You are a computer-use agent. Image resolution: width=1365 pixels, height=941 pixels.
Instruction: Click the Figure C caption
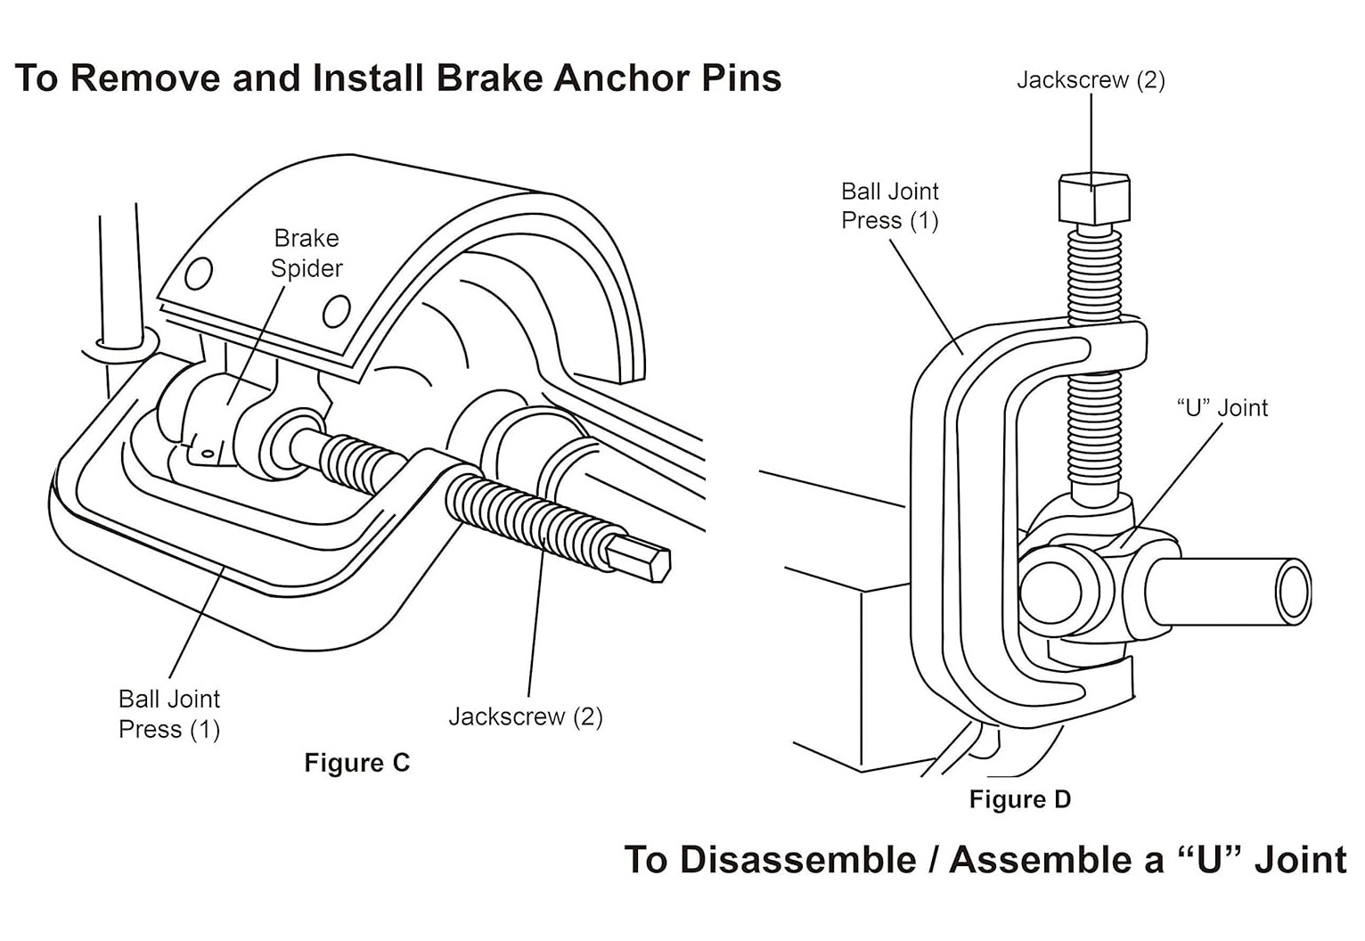tap(357, 763)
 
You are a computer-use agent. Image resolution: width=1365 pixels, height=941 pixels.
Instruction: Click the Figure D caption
tap(1020, 799)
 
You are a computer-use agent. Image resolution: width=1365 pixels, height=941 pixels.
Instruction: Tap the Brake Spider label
tap(307, 253)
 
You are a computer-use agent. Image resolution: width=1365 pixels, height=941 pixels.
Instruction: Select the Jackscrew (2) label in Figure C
tap(526, 716)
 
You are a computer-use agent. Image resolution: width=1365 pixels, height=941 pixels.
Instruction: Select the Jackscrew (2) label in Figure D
tap(1091, 80)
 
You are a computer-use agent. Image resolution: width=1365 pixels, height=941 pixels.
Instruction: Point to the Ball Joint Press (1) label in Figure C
tap(169, 714)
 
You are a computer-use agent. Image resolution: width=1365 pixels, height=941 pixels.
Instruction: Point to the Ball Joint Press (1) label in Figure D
tap(890, 205)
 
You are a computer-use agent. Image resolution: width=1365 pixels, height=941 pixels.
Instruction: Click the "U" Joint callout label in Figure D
tap(1222, 408)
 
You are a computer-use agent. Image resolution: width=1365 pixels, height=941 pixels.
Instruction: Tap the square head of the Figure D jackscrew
tap(1094, 199)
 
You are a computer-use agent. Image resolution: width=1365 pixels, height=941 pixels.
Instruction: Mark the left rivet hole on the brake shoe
tap(199, 274)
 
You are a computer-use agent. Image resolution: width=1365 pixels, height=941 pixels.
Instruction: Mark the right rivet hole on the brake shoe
tap(337, 311)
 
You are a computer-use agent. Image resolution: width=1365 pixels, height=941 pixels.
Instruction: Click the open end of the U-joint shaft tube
tap(1294, 591)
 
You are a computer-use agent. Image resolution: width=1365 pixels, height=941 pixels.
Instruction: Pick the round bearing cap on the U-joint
tap(1050, 593)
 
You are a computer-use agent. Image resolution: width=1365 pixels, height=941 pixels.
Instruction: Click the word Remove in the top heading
tap(145, 78)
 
